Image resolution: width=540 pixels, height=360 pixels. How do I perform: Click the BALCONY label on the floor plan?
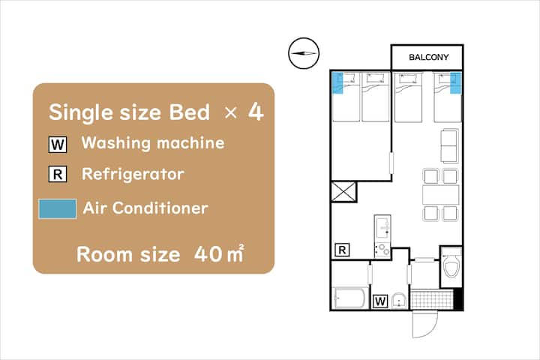(429, 57)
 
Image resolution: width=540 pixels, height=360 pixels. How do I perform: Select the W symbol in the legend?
(58, 144)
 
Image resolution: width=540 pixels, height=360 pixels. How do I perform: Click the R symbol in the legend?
(58, 174)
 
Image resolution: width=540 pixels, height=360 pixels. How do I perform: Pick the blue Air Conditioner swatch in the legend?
(58, 208)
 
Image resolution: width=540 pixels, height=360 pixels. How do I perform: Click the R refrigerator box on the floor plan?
(342, 250)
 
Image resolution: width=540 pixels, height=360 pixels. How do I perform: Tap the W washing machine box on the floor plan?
(380, 301)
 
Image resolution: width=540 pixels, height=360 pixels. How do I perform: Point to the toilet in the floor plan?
(451, 265)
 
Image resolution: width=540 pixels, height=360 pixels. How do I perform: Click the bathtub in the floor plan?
(350, 298)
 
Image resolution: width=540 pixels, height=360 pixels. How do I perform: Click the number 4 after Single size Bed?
(256, 112)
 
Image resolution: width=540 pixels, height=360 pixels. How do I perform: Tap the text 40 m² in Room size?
(219, 254)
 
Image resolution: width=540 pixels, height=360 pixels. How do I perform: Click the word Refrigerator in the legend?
(133, 174)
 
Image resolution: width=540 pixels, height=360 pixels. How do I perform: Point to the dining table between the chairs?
(440, 195)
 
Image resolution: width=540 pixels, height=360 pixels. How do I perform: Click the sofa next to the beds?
(449, 145)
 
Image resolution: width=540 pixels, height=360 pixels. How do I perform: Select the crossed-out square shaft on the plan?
(343, 192)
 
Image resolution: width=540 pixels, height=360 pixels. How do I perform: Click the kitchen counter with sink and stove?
(382, 236)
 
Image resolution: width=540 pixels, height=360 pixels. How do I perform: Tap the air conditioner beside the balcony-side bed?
(455, 82)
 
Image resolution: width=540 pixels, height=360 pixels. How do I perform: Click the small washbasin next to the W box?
(400, 301)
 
